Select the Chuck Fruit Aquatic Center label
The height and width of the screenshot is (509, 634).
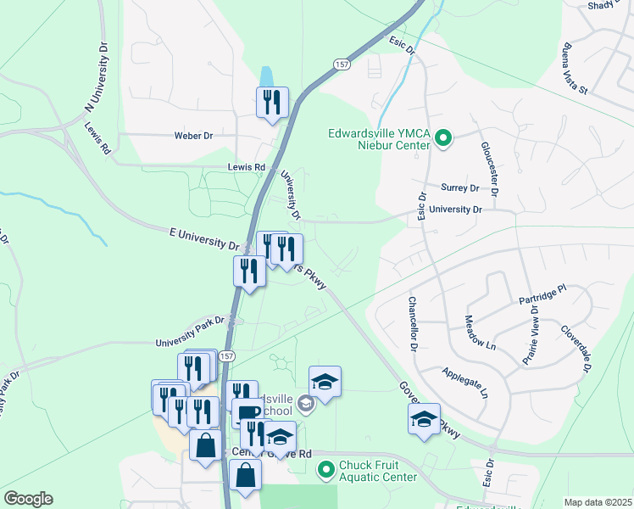coord(378,469)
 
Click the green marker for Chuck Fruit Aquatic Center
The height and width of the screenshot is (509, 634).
coord(324,468)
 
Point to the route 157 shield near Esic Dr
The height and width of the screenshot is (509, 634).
coord(341,64)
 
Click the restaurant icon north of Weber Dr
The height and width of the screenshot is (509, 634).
coord(272,103)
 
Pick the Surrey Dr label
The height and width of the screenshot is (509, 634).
coord(460,187)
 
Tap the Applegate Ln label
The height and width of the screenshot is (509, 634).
coord(465,383)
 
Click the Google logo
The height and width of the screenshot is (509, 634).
coord(28,499)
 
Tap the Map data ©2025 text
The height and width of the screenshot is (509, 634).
coord(598,502)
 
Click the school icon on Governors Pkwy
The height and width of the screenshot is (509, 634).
coord(424,418)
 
